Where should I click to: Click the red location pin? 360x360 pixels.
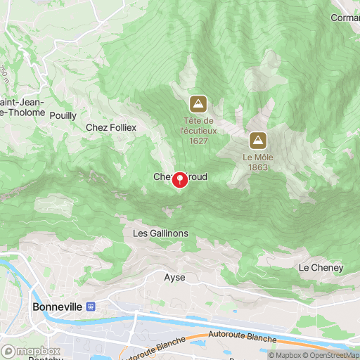(x=180, y=180)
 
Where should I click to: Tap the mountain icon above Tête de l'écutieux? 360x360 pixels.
(x=198, y=104)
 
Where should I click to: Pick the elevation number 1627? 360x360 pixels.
(x=198, y=141)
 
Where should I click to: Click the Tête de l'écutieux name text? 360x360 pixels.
(x=198, y=125)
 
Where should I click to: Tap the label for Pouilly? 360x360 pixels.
(x=63, y=115)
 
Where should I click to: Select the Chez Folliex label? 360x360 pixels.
(x=110, y=127)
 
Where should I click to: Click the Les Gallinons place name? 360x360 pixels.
(x=160, y=233)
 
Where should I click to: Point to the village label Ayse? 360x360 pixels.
(x=174, y=277)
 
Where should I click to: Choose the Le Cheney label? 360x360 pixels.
(x=321, y=268)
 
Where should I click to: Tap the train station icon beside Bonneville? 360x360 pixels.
(x=90, y=307)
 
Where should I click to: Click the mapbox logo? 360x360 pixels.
(x=31, y=351)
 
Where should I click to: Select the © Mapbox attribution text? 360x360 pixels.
(x=285, y=355)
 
